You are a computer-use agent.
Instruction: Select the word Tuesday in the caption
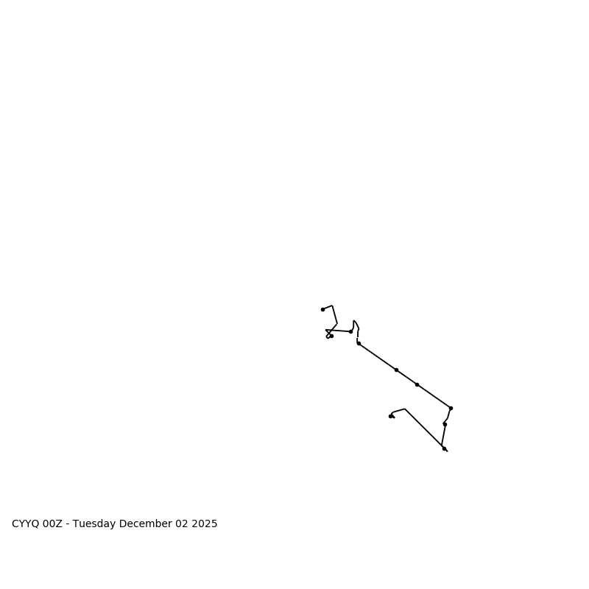[x=94, y=524]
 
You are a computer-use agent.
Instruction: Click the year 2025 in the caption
[x=204, y=524]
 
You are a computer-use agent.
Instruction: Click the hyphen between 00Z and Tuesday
[x=68, y=524]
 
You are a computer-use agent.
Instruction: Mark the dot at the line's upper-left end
[x=322, y=309]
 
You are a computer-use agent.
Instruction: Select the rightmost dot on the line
[x=451, y=408]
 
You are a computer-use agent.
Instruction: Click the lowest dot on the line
[x=444, y=448]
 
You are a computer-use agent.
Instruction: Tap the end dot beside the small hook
[x=390, y=416]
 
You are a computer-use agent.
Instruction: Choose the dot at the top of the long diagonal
[x=359, y=343]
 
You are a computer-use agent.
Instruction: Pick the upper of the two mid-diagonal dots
[x=396, y=370]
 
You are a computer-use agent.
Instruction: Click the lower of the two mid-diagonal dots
[x=417, y=384]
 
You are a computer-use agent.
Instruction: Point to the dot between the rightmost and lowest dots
[x=445, y=424]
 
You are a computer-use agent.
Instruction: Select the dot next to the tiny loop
[x=331, y=336]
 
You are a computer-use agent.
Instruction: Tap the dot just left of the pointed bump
[x=350, y=331]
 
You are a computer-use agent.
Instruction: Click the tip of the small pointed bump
[x=354, y=321]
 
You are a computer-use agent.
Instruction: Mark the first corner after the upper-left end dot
[x=332, y=306]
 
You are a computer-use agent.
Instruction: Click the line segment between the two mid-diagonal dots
[x=406, y=377]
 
